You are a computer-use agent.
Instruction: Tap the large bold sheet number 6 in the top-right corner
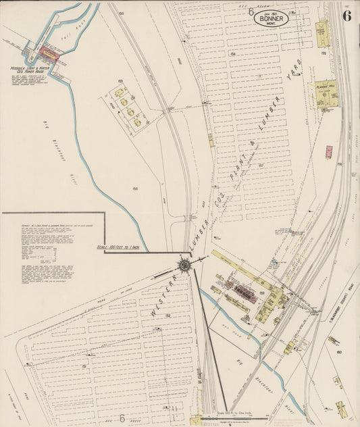tap(346, 16)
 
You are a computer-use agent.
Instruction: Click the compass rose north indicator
tap(184, 265)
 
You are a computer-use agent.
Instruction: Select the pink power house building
tap(48, 51)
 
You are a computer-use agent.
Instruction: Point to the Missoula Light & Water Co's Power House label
tap(26, 70)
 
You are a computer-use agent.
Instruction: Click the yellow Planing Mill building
tap(324, 94)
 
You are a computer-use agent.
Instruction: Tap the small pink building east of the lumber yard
tap(329, 152)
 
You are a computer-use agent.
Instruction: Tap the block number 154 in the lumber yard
tap(232, 53)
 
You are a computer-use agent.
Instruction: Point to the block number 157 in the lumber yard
tap(260, 164)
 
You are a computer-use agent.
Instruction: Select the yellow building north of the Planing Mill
tap(322, 30)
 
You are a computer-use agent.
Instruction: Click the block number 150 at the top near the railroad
tap(121, 14)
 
